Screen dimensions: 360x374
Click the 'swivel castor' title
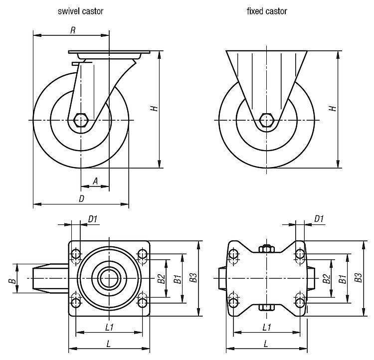pyautogui.click(x=80, y=11)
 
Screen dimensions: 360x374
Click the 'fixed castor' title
pyautogui.click(x=266, y=11)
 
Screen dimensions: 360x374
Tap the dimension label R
pyautogui.click(x=73, y=31)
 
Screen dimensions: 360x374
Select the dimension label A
pyautogui.click(x=95, y=181)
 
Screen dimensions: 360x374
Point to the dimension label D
pyautogui.click(x=81, y=198)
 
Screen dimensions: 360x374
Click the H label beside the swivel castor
pyautogui.click(x=155, y=108)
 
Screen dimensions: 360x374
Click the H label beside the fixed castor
pyautogui.click(x=333, y=108)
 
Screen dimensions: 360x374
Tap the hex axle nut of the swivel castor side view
pyautogui.click(x=80, y=120)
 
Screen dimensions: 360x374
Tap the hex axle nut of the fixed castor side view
pyautogui.click(x=267, y=120)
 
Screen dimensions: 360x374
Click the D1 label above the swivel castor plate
pyautogui.click(x=93, y=218)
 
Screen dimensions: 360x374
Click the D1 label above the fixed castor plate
pyautogui.click(x=319, y=218)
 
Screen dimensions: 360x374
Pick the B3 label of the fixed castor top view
pyautogui.click(x=358, y=279)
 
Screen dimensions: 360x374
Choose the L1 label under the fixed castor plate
pyautogui.click(x=267, y=327)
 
